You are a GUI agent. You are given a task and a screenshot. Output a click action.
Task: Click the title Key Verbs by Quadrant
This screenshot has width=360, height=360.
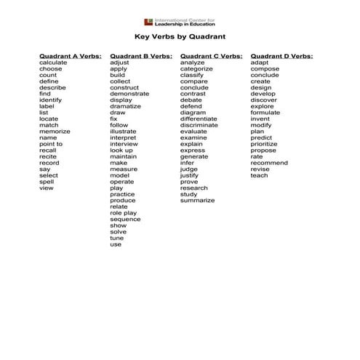[180, 36]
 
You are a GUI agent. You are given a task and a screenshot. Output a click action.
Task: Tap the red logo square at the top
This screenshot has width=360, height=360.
[148, 21]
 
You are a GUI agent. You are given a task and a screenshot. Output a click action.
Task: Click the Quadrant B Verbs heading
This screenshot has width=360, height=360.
[140, 56]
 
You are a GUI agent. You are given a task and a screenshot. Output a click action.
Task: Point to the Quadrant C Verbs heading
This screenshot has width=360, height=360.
[211, 56]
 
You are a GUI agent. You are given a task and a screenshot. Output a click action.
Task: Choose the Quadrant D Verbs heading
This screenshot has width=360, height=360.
[281, 56]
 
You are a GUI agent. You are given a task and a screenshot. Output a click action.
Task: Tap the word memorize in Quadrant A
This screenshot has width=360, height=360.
[55, 131]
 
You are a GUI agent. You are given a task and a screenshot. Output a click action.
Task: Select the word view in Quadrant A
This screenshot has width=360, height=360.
[47, 188]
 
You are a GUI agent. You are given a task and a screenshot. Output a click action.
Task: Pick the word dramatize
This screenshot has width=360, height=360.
[126, 106]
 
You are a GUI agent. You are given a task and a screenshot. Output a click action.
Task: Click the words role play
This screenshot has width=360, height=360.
[123, 213]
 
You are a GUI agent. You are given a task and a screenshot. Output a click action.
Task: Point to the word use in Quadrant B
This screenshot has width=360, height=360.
[116, 244]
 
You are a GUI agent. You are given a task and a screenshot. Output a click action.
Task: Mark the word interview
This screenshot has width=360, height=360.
[124, 144]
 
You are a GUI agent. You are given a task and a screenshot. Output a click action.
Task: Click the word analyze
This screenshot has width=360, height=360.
[192, 63]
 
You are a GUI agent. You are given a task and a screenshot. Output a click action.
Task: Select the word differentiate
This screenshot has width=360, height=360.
[199, 119]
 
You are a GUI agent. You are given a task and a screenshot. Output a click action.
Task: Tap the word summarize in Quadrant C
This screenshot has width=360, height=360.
[197, 201]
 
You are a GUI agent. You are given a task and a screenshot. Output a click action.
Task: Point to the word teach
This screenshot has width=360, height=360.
[259, 175]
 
